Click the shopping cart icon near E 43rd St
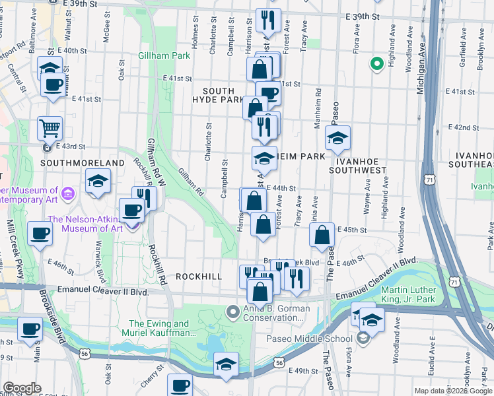point(50,127)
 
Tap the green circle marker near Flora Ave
point(377,64)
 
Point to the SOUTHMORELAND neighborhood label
point(83,162)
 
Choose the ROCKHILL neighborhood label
point(198,277)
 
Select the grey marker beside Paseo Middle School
point(363,339)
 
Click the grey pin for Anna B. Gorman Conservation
point(232,311)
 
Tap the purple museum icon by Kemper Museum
point(68,193)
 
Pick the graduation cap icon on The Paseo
point(337,138)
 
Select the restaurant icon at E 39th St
point(268,20)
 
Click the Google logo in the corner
point(21,388)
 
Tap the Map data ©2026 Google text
point(453,391)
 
